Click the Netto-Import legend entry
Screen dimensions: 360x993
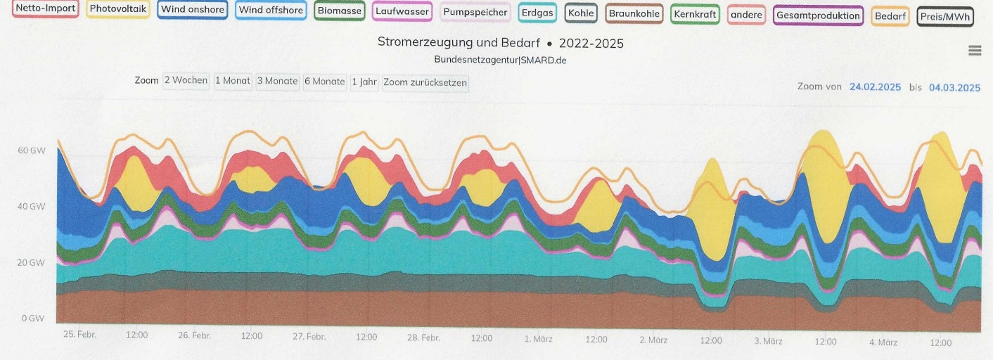45,9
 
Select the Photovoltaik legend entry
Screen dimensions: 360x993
117,9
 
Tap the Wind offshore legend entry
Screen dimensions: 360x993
271,11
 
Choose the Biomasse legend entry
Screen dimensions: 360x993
339,11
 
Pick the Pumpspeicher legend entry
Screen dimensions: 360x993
475,13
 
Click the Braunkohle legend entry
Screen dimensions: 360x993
634,13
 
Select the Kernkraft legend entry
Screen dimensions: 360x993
695,14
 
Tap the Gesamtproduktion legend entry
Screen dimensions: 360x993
818,15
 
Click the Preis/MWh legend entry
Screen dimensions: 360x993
945,16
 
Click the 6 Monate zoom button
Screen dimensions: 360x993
324,82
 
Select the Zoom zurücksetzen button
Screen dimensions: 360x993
425,83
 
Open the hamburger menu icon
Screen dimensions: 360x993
974,51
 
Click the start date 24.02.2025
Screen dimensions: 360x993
875,87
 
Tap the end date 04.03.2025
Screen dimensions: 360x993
954,88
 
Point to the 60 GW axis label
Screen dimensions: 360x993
32,150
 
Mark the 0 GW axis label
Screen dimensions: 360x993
33,319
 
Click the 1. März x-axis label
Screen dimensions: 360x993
538,339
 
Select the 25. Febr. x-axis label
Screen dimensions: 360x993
79,334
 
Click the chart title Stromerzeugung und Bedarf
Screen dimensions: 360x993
458,43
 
